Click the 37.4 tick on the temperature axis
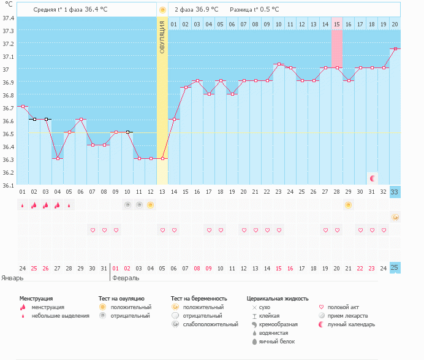click(x=9, y=18)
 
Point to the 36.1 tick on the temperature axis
click(x=9, y=185)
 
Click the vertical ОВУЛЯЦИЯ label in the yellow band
click(x=162, y=37)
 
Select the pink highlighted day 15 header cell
click(x=337, y=24)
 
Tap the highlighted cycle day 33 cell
click(x=395, y=192)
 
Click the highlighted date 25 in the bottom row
click(x=395, y=268)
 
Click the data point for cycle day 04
click(x=58, y=158)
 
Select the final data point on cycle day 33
click(x=395, y=48)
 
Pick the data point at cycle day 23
click(x=279, y=64)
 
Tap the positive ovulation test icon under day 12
click(x=151, y=205)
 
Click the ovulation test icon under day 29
click(x=349, y=205)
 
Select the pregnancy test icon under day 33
click(x=395, y=217)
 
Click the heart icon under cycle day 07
click(x=93, y=230)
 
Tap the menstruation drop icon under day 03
click(x=46, y=205)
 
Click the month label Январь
click(x=12, y=278)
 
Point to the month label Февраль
click(x=126, y=278)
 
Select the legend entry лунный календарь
click(x=349, y=324)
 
